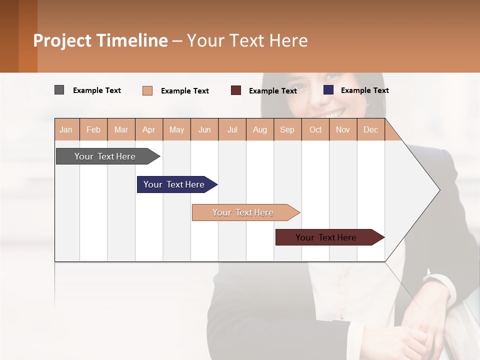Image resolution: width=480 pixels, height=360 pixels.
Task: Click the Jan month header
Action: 66,130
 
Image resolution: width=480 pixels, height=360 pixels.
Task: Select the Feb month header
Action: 93,130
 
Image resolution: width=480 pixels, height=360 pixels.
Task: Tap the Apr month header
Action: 149,130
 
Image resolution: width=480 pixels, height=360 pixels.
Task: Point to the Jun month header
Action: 204,130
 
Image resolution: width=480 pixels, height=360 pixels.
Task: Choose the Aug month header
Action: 260,130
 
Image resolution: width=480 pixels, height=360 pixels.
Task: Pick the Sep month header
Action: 287,130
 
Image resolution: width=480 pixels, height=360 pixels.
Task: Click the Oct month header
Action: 315,130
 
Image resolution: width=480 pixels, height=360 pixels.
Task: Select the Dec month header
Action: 371,130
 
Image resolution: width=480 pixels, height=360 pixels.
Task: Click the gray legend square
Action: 59,90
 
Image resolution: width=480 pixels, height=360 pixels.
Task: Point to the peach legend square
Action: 147,90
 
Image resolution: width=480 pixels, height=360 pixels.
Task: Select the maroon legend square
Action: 236,90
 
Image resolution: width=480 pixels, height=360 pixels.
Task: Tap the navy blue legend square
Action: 328,90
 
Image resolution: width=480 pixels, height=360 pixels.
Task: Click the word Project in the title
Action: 62,40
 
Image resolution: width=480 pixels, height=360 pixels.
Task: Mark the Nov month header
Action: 343,130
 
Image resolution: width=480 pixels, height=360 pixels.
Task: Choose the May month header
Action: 176,130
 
